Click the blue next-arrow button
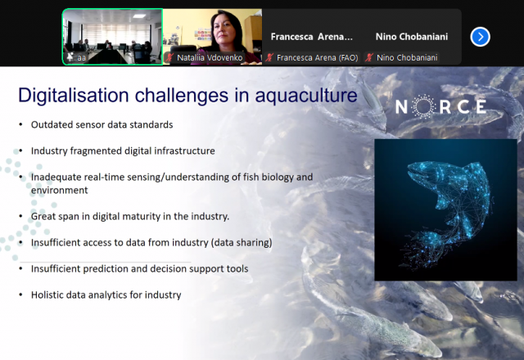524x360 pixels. (x=481, y=37)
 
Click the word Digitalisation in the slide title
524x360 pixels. (x=74, y=96)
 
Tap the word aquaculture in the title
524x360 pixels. (x=306, y=96)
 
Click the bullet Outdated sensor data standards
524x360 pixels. (x=102, y=124)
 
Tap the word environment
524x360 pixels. (x=60, y=191)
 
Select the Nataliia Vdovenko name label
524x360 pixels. (x=210, y=58)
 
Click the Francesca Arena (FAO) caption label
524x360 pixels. (x=317, y=58)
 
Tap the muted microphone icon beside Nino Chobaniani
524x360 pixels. (x=369, y=57)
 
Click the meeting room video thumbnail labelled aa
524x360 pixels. (x=113, y=37)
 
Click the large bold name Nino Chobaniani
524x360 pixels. (x=412, y=37)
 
